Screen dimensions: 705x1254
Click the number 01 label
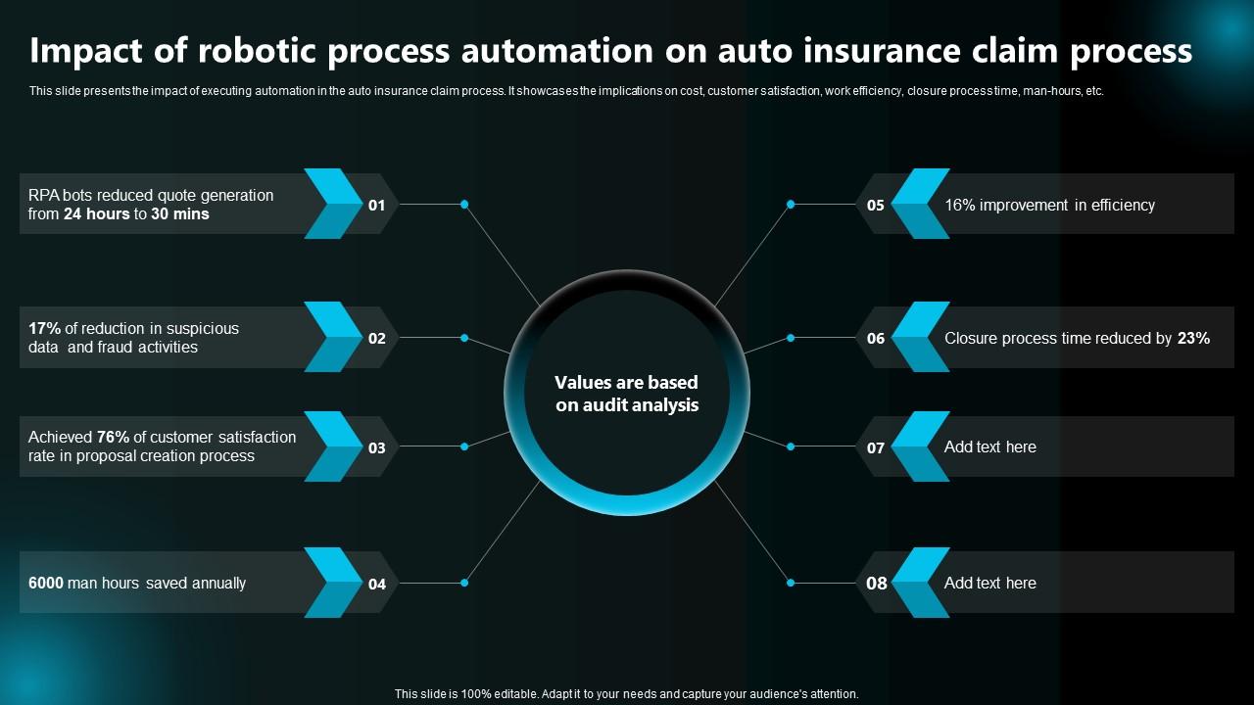377,206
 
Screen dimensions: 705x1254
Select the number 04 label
377,585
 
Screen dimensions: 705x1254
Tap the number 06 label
876,339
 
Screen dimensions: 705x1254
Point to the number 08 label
876,584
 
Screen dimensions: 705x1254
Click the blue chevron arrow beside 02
334,338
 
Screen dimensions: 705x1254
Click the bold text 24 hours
96,213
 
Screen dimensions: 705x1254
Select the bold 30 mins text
179,213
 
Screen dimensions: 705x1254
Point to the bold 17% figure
44,328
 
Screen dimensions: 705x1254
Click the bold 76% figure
113,437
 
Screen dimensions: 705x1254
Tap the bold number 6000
46,583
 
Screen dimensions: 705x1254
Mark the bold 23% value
1193,338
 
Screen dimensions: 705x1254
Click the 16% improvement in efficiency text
1049,205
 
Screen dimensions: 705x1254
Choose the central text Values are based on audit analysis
627,394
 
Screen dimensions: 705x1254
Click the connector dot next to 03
464,446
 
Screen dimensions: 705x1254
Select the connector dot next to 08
791,583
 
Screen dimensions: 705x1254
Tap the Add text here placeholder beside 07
989,446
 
